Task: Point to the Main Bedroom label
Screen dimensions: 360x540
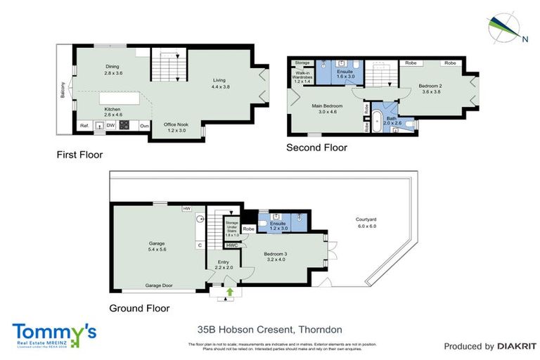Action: pos(323,108)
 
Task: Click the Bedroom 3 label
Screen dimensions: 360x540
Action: pos(275,255)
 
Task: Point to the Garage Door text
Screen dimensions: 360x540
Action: pos(159,286)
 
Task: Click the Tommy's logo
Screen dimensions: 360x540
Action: pos(54,333)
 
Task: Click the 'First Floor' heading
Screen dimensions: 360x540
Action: pos(79,154)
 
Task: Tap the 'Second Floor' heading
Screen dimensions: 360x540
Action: pos(316,148)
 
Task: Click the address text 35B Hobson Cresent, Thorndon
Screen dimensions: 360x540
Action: pos(270,329)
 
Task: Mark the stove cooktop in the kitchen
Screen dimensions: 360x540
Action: pos(124,127)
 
